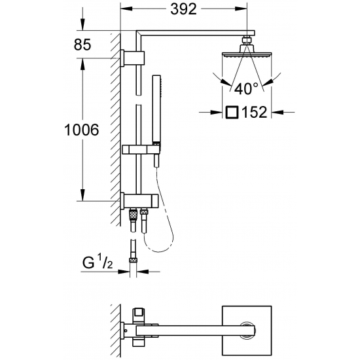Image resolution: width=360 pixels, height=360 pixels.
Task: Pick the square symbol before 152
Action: (231, 113)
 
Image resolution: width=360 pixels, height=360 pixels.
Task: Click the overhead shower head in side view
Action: (247, 56)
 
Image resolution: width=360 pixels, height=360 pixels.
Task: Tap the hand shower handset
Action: (156, 108)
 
